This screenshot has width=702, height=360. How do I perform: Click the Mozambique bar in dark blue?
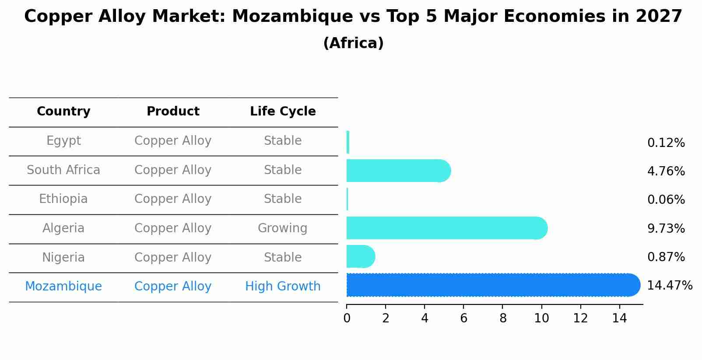tap(492, 285)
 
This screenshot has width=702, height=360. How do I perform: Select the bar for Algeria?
tap(446, 228)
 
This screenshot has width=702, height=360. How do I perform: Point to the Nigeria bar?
tap(360, 256)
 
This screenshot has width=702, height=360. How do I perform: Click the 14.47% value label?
tap(669, 286)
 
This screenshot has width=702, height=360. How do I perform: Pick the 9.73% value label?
tap(666, 228)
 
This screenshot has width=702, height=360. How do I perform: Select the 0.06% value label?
tap(666, 200)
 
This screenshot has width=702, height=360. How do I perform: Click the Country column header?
tap(63, 112)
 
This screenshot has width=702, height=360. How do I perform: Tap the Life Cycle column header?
tap(283, 112)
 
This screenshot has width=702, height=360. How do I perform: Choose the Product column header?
tap(173, 112)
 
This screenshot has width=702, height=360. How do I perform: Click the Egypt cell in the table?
tap(63, 141)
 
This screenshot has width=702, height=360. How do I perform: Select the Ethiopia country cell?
tap(63, 199)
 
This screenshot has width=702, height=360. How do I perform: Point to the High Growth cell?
tap(283, 287)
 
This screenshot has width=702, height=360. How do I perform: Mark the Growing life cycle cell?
tap(283, 228)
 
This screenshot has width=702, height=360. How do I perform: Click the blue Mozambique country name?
tap(63, 287)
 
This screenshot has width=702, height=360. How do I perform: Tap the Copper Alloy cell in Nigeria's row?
tap(173, 257)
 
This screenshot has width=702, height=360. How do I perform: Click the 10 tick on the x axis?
tap(541, 318)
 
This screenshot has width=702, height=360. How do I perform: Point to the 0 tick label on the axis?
tap(347, 318)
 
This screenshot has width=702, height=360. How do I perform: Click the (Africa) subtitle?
tap(353, 43)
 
